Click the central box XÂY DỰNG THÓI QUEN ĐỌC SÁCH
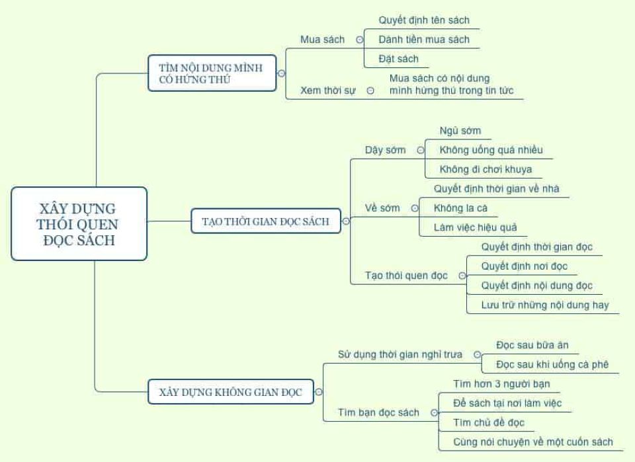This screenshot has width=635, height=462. coord(79,223)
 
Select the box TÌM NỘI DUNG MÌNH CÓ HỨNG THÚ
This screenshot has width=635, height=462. coord(212,73)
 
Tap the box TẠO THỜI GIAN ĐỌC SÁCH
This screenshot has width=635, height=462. coord(265,221)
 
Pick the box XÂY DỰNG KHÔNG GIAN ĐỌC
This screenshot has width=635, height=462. coord(230,392)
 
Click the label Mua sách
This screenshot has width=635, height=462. coord(322,40)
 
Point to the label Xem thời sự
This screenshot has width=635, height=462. coord(328,91)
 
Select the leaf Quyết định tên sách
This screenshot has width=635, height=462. coord(424,20)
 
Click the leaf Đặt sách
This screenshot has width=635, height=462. coord(399,59)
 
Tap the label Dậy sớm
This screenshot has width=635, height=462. coord(386,150)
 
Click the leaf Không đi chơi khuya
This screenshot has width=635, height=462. coord(486,169)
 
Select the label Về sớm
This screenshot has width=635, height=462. coord(382,208)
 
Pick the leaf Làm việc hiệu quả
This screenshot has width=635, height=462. coord(476,227)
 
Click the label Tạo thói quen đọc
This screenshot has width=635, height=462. coord(406,276)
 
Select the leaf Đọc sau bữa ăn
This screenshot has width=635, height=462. coord(532,345)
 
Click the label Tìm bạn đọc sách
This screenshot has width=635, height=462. coord(378,412)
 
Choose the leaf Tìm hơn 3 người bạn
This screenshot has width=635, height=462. coord(501,384)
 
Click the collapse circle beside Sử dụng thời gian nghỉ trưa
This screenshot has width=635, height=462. coord(477,354)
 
